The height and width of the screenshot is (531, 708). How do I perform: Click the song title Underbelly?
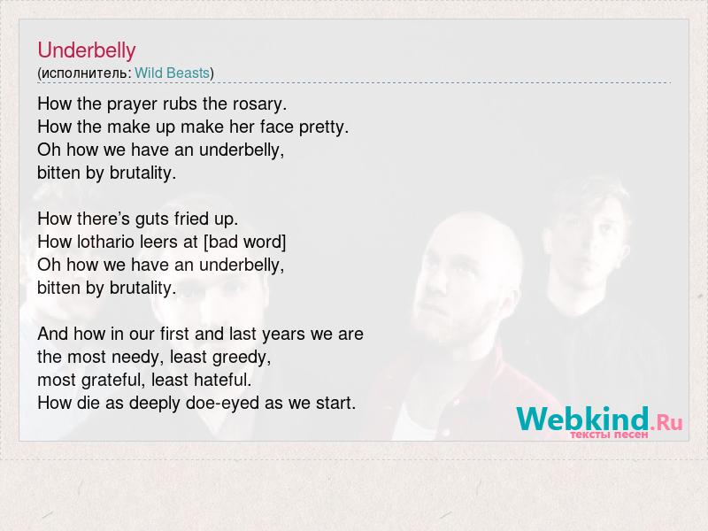(x=86, y=50)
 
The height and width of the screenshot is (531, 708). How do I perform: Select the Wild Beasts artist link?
(x=172, y=73)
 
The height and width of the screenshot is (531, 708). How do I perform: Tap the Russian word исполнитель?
(x=84, y=73)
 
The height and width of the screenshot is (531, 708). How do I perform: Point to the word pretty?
(x=324, y=127)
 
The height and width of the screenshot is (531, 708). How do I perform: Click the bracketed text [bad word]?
(x=245, y=242)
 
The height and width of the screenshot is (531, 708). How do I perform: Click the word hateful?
(x=223, y=380)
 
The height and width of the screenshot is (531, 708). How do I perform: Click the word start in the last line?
(x=336, y=403)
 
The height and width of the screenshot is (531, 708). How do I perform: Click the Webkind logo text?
(x=582, y=419)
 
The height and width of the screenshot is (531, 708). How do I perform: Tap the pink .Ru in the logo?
(x=666, y=423)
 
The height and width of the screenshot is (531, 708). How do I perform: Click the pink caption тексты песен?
(x=609, y=435)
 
